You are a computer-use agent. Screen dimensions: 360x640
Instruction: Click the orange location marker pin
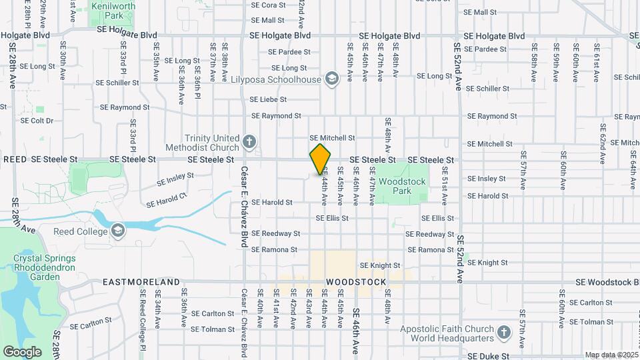[321, 159]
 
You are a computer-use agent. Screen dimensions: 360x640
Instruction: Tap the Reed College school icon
[119, 231]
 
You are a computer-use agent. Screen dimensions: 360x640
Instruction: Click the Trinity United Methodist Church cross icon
[249, 142]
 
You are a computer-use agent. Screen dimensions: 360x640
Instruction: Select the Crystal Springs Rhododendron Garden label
[45, 268]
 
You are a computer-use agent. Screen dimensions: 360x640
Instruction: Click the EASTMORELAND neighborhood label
[141, 282]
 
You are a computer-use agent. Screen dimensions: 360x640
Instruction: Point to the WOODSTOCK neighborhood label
[356, 282]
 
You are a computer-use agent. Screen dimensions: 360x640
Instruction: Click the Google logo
[22, 352]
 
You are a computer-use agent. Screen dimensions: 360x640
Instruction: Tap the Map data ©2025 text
[611, 355]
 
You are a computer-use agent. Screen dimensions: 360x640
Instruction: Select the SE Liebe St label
[268, 99]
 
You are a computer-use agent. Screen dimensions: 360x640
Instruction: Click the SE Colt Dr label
[37, 121]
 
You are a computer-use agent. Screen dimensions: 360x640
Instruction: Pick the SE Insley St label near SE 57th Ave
[487, 179]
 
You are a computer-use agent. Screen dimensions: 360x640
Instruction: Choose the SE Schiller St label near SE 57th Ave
[487, 88]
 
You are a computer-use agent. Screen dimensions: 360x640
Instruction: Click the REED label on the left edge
[15, 160]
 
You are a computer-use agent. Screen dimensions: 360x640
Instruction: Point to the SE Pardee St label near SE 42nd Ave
[289, 51]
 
